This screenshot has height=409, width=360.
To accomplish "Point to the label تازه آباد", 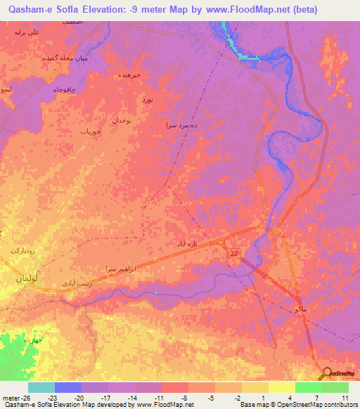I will (x=193, y=242).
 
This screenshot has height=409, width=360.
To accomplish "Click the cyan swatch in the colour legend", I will (x=41, y=387).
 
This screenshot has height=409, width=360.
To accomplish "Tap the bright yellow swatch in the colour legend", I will (x=281, y=387).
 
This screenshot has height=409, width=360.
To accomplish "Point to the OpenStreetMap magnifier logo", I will (x=326, y=374).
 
